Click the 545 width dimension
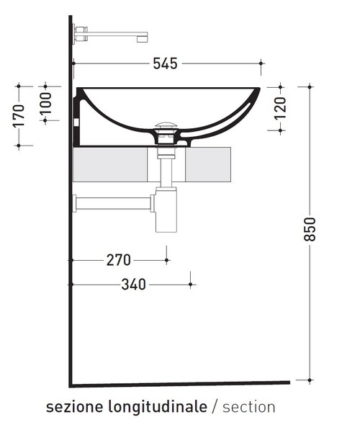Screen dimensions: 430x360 [x=165, y=64]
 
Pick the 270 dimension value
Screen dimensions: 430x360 [x=118, y=260]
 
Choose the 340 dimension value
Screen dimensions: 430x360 [x=133, y=285]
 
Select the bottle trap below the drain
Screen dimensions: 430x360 [x=166, y=212]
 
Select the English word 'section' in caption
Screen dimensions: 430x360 [x=248, y=407]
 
